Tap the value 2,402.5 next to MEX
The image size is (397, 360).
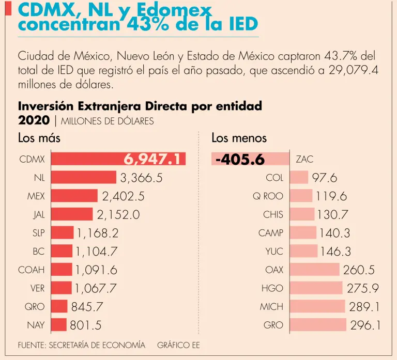123,196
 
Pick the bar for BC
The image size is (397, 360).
61,251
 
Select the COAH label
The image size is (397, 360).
32,270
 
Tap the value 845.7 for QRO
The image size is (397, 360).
87,306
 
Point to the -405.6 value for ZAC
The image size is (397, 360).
239,160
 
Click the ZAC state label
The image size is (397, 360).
304,159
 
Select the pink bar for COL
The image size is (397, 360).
299,178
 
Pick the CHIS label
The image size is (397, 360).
273,214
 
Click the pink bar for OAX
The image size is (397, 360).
314,270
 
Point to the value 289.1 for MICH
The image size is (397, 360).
364,306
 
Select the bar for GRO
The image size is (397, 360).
318,325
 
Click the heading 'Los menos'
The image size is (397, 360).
239,138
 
